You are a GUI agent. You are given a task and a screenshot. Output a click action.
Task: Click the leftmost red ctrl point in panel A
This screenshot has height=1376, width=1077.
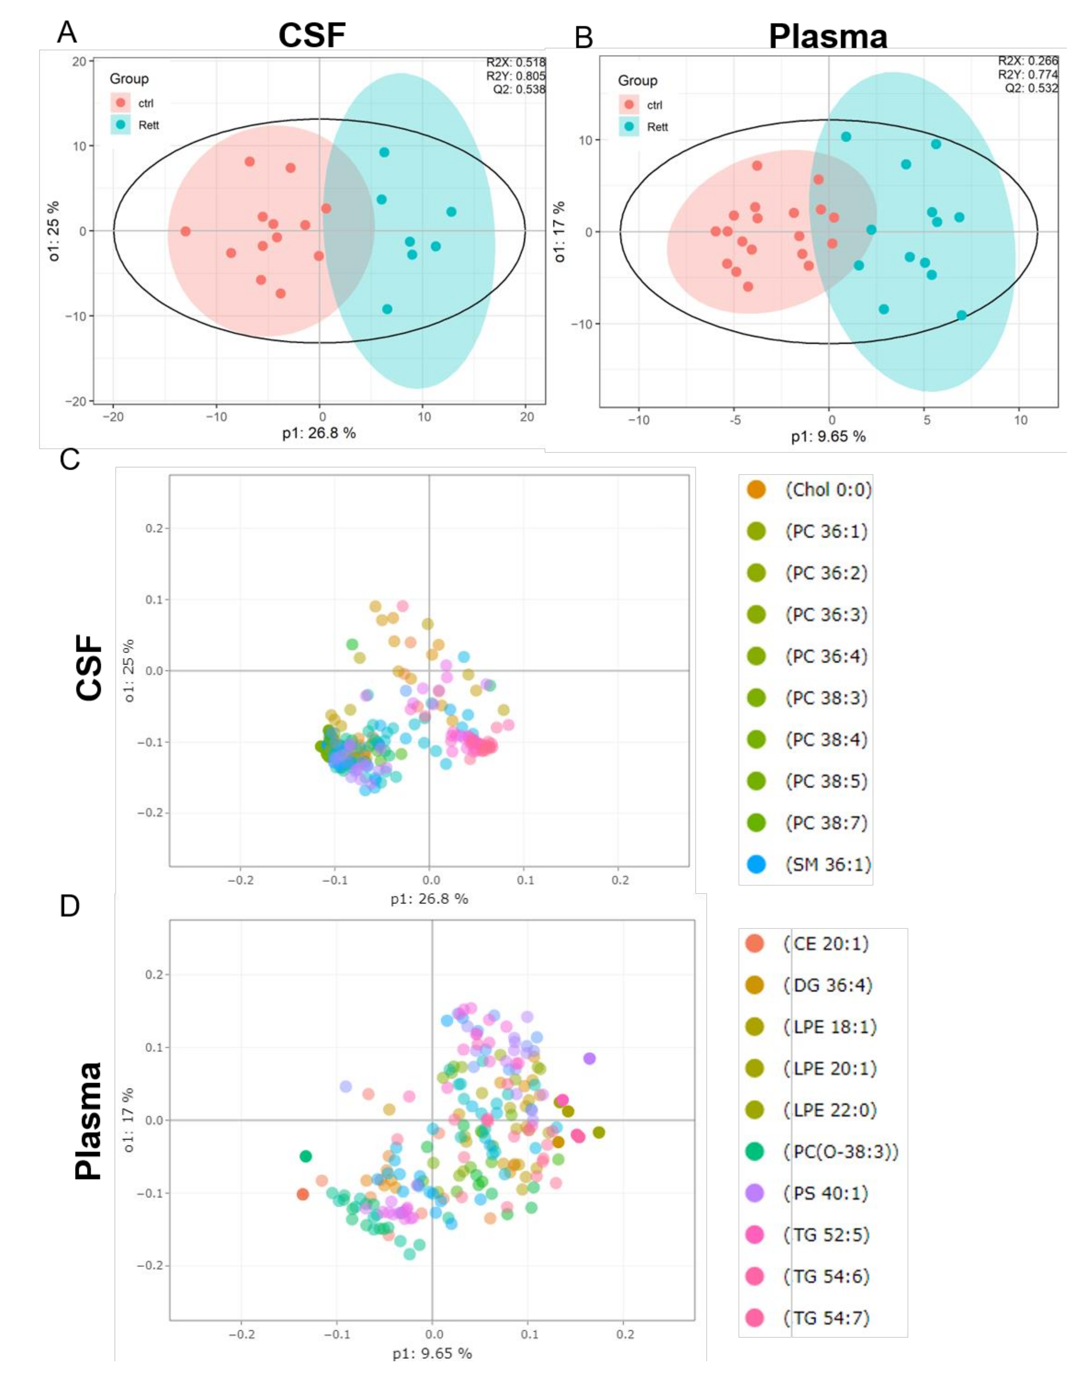[185, 231]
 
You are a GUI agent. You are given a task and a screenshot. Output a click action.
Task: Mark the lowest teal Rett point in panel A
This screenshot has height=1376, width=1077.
[387, 309]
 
